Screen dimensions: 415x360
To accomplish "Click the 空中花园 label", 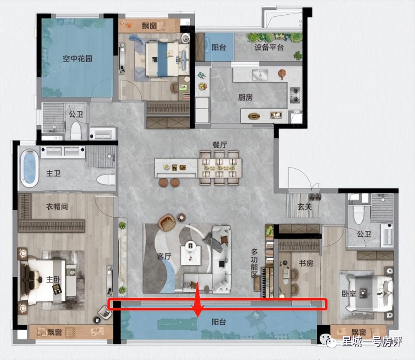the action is (77, 58).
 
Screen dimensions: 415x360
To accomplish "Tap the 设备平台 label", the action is (269, 47).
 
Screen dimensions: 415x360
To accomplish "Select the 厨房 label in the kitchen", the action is (245, 98).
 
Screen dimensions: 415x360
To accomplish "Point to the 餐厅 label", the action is (220, 145).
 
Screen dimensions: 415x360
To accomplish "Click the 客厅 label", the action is (164, 256).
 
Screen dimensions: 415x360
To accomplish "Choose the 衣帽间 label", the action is (57, 206).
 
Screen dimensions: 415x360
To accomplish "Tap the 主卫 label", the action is (53, 173).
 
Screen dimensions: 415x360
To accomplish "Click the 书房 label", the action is (306, 263).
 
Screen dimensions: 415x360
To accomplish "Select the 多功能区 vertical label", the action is (254, 263).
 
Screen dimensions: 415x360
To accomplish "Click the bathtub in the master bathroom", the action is (29, 168).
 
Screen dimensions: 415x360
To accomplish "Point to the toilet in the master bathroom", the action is (106, 179).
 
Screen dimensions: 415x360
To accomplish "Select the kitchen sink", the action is (260, 75).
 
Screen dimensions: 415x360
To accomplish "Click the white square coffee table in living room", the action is (190, 255).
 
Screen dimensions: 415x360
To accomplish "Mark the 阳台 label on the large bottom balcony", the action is (219, 322).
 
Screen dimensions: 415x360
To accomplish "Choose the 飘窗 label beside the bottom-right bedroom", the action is (359, 332).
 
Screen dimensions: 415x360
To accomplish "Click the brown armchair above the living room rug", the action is (166, 222).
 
